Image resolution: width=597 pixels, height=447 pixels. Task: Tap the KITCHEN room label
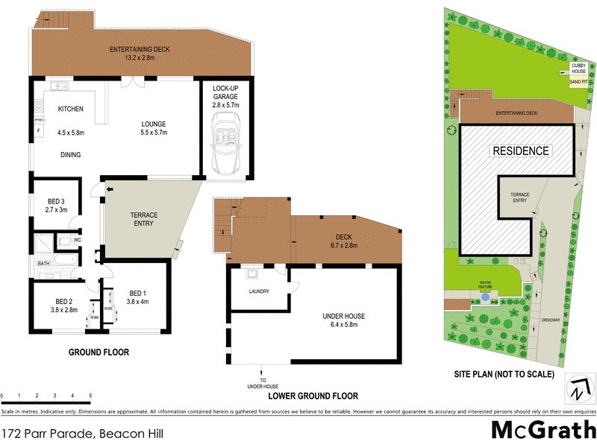point(70,110)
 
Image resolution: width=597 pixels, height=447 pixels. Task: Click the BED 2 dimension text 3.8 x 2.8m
point(63,310)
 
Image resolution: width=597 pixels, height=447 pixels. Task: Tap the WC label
point(78,241)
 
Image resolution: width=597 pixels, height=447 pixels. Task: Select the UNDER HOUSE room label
point(344,316)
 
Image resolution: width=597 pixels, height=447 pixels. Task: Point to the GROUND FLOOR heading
point(99,352)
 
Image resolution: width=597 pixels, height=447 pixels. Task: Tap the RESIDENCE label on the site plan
point(520,150)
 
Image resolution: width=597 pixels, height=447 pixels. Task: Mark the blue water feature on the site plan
point(486,296)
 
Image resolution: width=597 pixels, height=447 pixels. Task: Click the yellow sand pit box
point(578,83)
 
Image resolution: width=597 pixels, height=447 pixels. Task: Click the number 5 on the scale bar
point(90,395)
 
